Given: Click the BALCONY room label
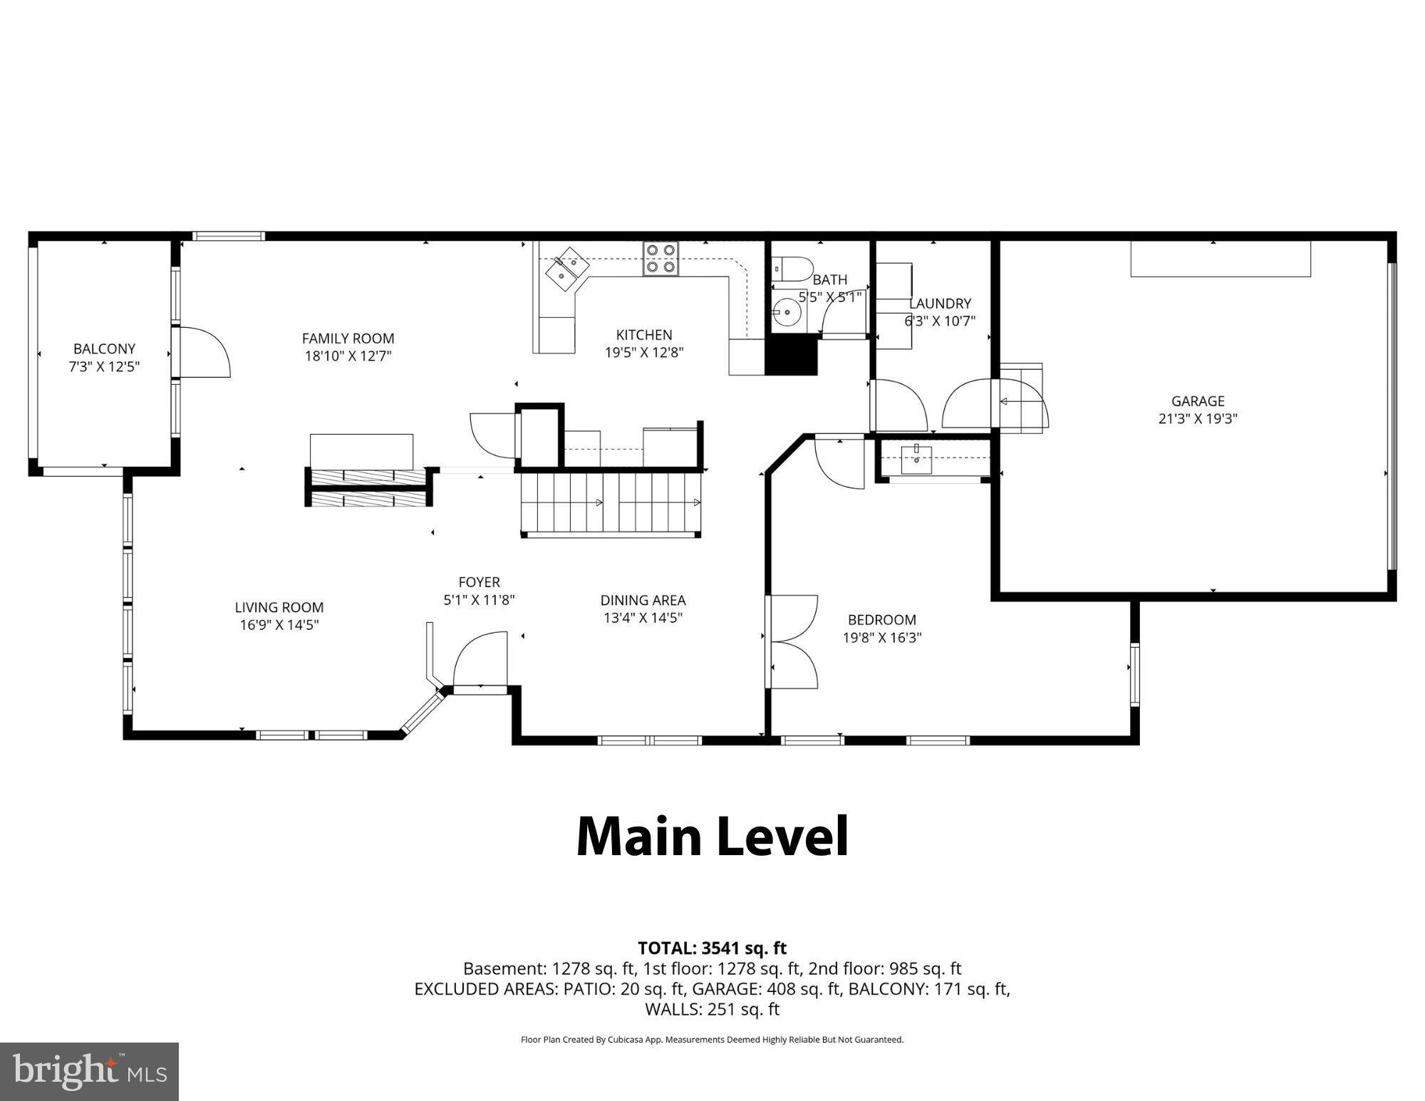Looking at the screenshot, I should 104,348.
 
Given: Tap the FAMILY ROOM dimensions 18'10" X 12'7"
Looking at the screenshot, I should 348,356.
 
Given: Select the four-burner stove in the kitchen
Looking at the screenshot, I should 660,259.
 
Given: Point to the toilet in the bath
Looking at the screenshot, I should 792,269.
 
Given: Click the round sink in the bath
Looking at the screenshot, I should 787,312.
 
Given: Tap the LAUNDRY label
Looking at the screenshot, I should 940,304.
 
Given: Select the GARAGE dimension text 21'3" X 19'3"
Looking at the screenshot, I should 1198,418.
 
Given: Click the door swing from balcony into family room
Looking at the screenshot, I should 205,352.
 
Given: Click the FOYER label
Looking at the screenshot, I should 479,582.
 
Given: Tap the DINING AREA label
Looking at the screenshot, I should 643,600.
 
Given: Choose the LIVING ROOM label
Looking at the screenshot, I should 279,607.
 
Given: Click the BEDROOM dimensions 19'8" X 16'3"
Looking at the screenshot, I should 882,637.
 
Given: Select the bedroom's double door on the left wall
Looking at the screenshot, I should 792,641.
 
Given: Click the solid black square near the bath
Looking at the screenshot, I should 791,355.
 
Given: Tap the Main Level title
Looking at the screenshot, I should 712,837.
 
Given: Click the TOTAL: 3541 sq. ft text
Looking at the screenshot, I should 712,948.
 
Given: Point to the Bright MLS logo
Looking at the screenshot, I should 89,1071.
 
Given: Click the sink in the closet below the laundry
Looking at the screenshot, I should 916,459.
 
